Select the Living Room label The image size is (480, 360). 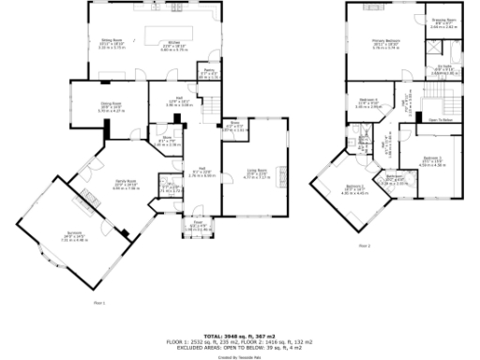click(x=255, y=172)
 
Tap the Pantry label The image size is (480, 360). click(x=211, y=70)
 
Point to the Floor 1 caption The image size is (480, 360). click(x=99, y=303)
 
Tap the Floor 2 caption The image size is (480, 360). click(x=363, y=246)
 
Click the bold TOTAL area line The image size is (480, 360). click(x=241, y=334)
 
